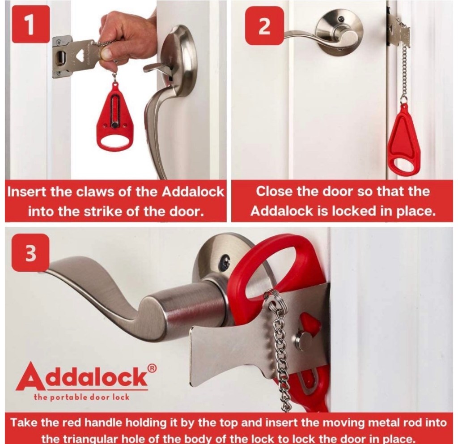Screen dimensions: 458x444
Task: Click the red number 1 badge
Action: tap(30, 24)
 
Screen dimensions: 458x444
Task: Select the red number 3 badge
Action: tap(30, 253)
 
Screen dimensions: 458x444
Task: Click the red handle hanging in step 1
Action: tap(115, 117)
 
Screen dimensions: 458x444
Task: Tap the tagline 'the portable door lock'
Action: tap(81, 397)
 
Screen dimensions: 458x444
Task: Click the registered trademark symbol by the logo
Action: tap(152, 369)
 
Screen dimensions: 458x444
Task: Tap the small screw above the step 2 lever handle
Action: tap(340, 19)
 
